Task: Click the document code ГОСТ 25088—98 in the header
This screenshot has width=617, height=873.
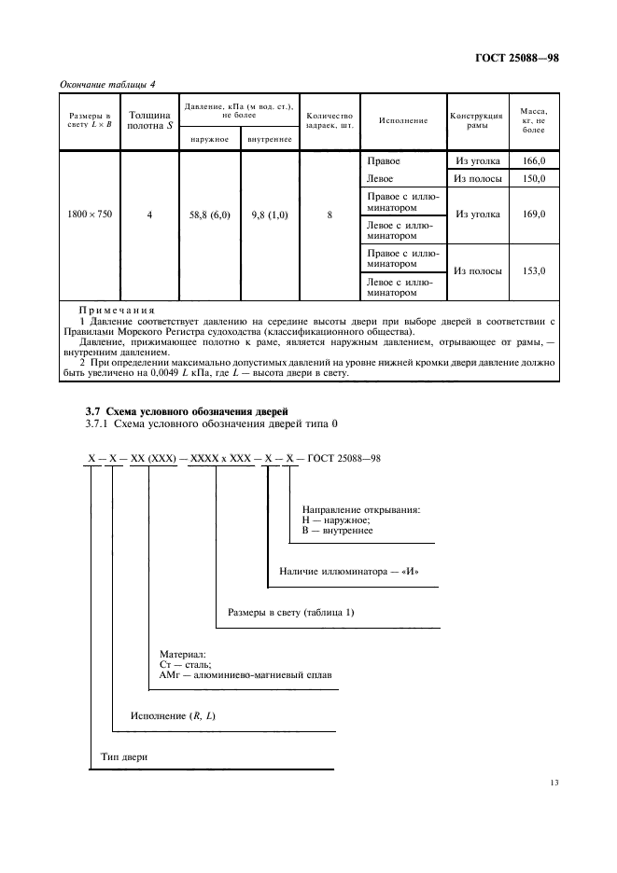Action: coord(516,60)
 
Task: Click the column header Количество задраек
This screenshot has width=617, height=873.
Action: coord(329,120)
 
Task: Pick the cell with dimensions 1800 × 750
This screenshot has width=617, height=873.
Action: coord(90,215)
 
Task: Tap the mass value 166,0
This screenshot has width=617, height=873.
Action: coord(534,161)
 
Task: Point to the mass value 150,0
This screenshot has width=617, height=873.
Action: coord(534,178)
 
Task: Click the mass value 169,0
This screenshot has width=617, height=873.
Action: coord(534,215)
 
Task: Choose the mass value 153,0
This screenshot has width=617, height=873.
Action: coord(534,270)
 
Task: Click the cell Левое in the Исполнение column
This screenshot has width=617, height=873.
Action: coord(380,178)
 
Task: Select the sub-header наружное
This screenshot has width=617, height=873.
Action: coord(209,140)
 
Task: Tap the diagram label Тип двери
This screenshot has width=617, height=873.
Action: coord(124,757)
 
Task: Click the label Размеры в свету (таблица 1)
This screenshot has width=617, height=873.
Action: coord(290,613)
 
